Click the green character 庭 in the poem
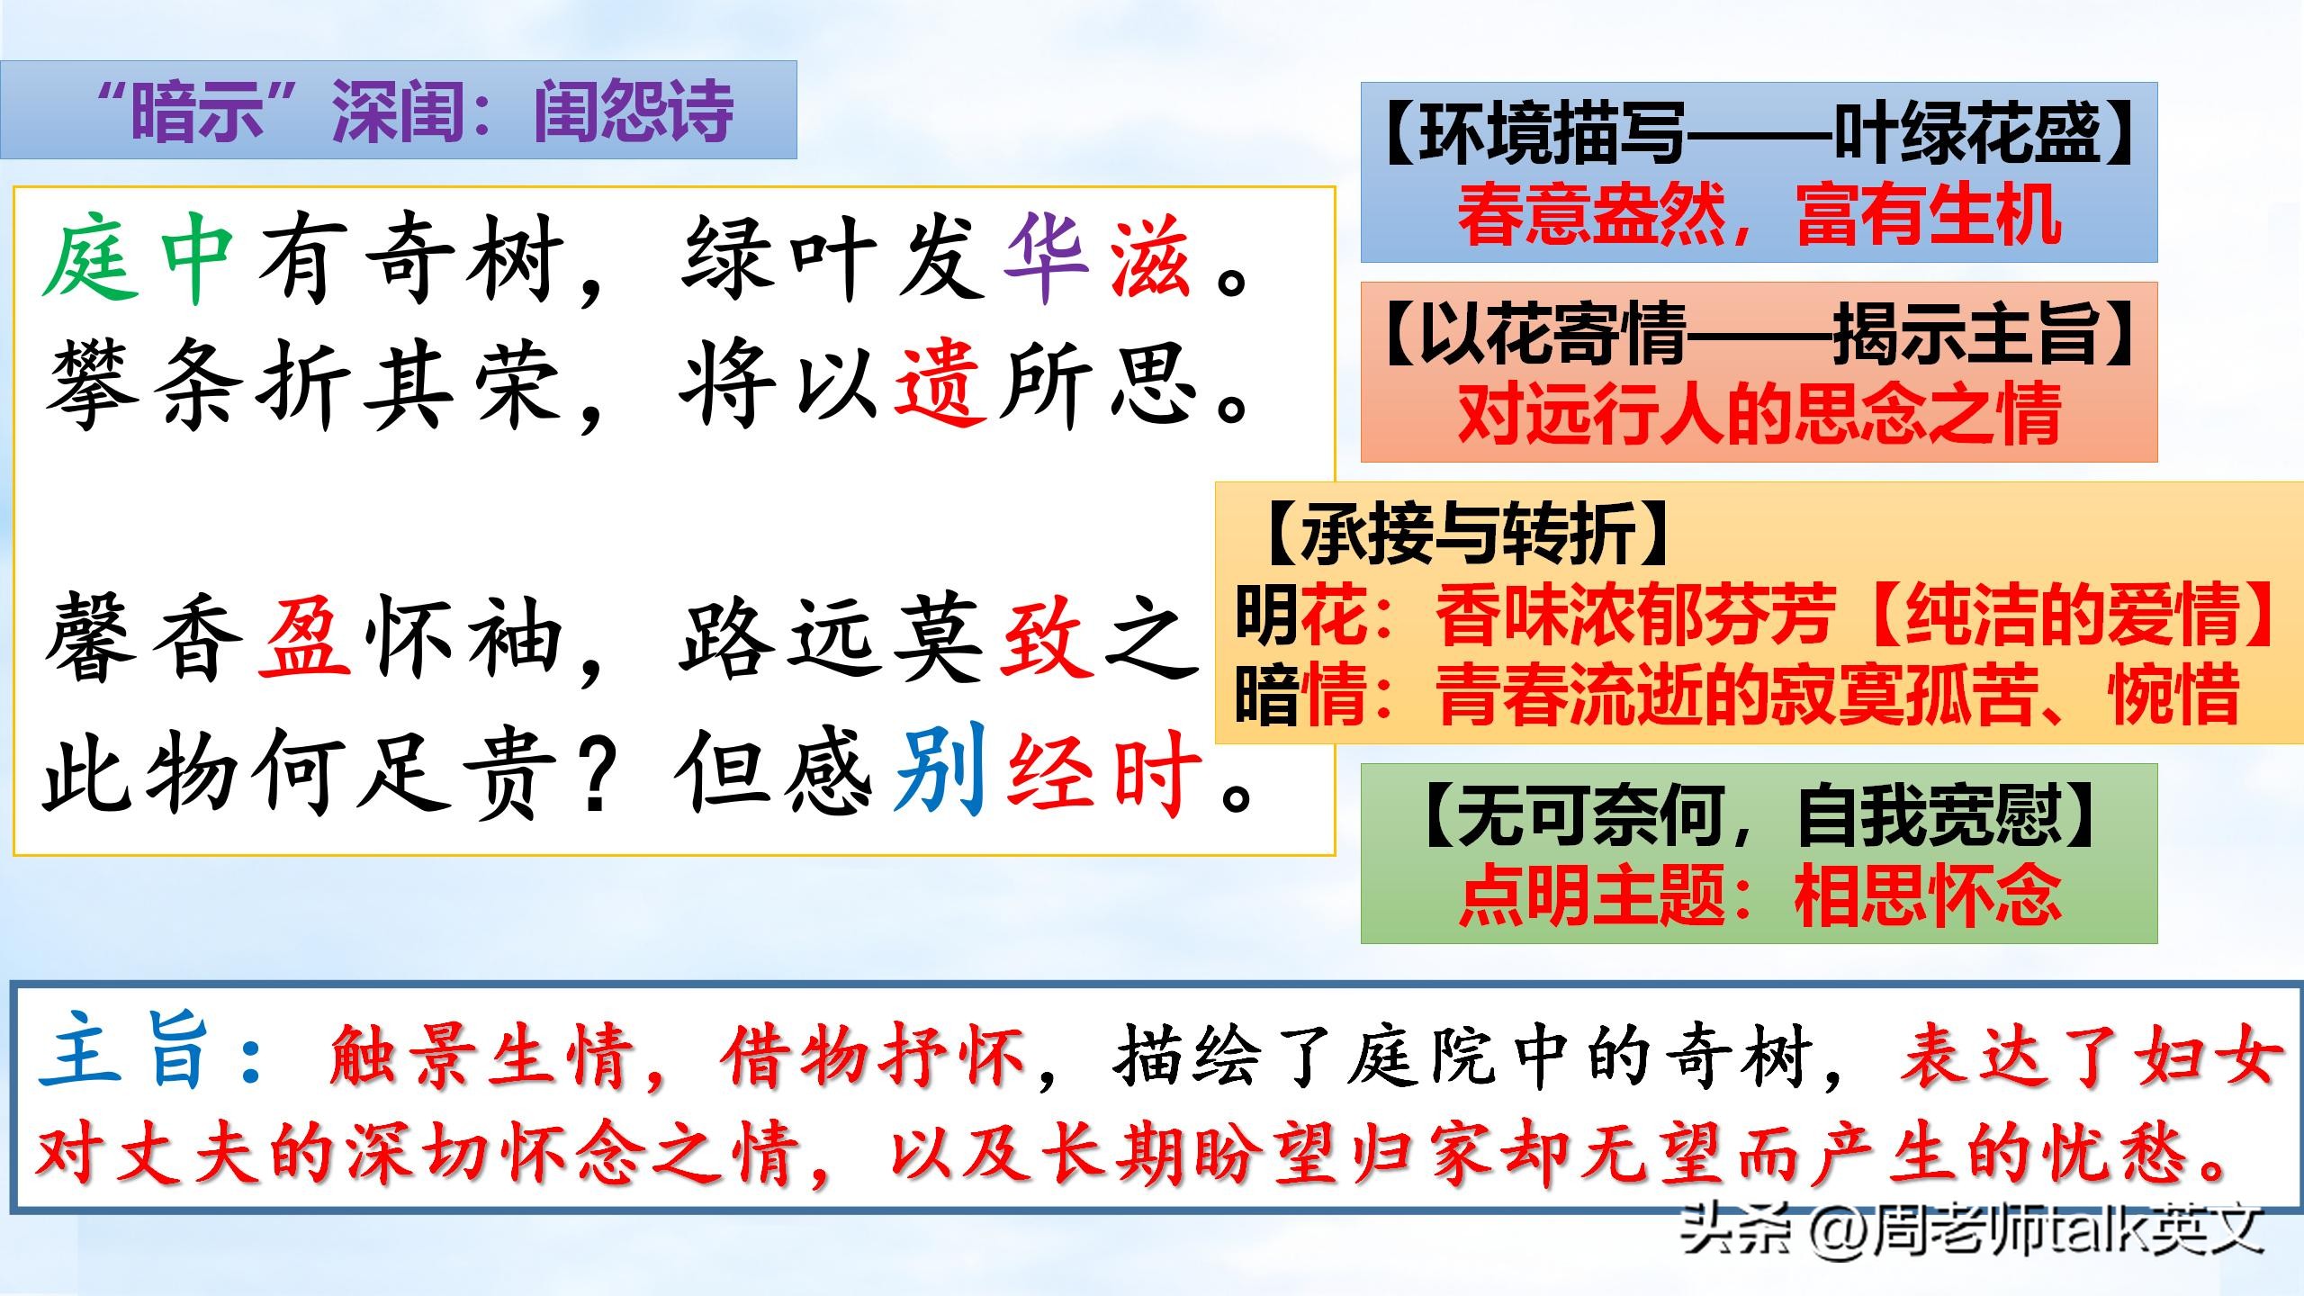(90, 261)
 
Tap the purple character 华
(1044, 261)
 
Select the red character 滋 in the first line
(1150, 261)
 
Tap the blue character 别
(941, 770)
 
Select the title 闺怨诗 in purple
(634, 112)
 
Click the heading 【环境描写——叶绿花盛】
(1759, 133)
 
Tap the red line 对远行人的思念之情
(1759, 414)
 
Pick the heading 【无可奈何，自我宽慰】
(1759, 815)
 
